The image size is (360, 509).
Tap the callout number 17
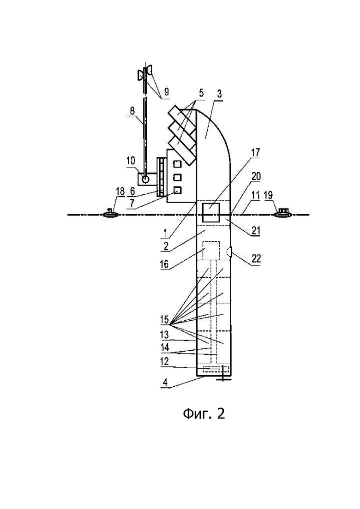(256, 152)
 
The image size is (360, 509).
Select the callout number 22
(256, 258)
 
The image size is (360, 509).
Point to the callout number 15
(165, 319)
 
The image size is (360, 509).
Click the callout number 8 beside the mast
(132, 110)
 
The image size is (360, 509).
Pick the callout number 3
(219, 95)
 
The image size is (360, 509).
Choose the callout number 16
(164, 263)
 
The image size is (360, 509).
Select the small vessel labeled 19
(283, 213)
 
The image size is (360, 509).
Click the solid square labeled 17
(210, 213)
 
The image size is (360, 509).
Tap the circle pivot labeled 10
(145, 179)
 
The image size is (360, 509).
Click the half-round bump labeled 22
(229, 251)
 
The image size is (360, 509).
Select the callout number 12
(165, 361)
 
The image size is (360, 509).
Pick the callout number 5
(201, 94)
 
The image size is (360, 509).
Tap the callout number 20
(256, 177)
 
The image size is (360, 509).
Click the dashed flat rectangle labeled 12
(216, 370)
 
